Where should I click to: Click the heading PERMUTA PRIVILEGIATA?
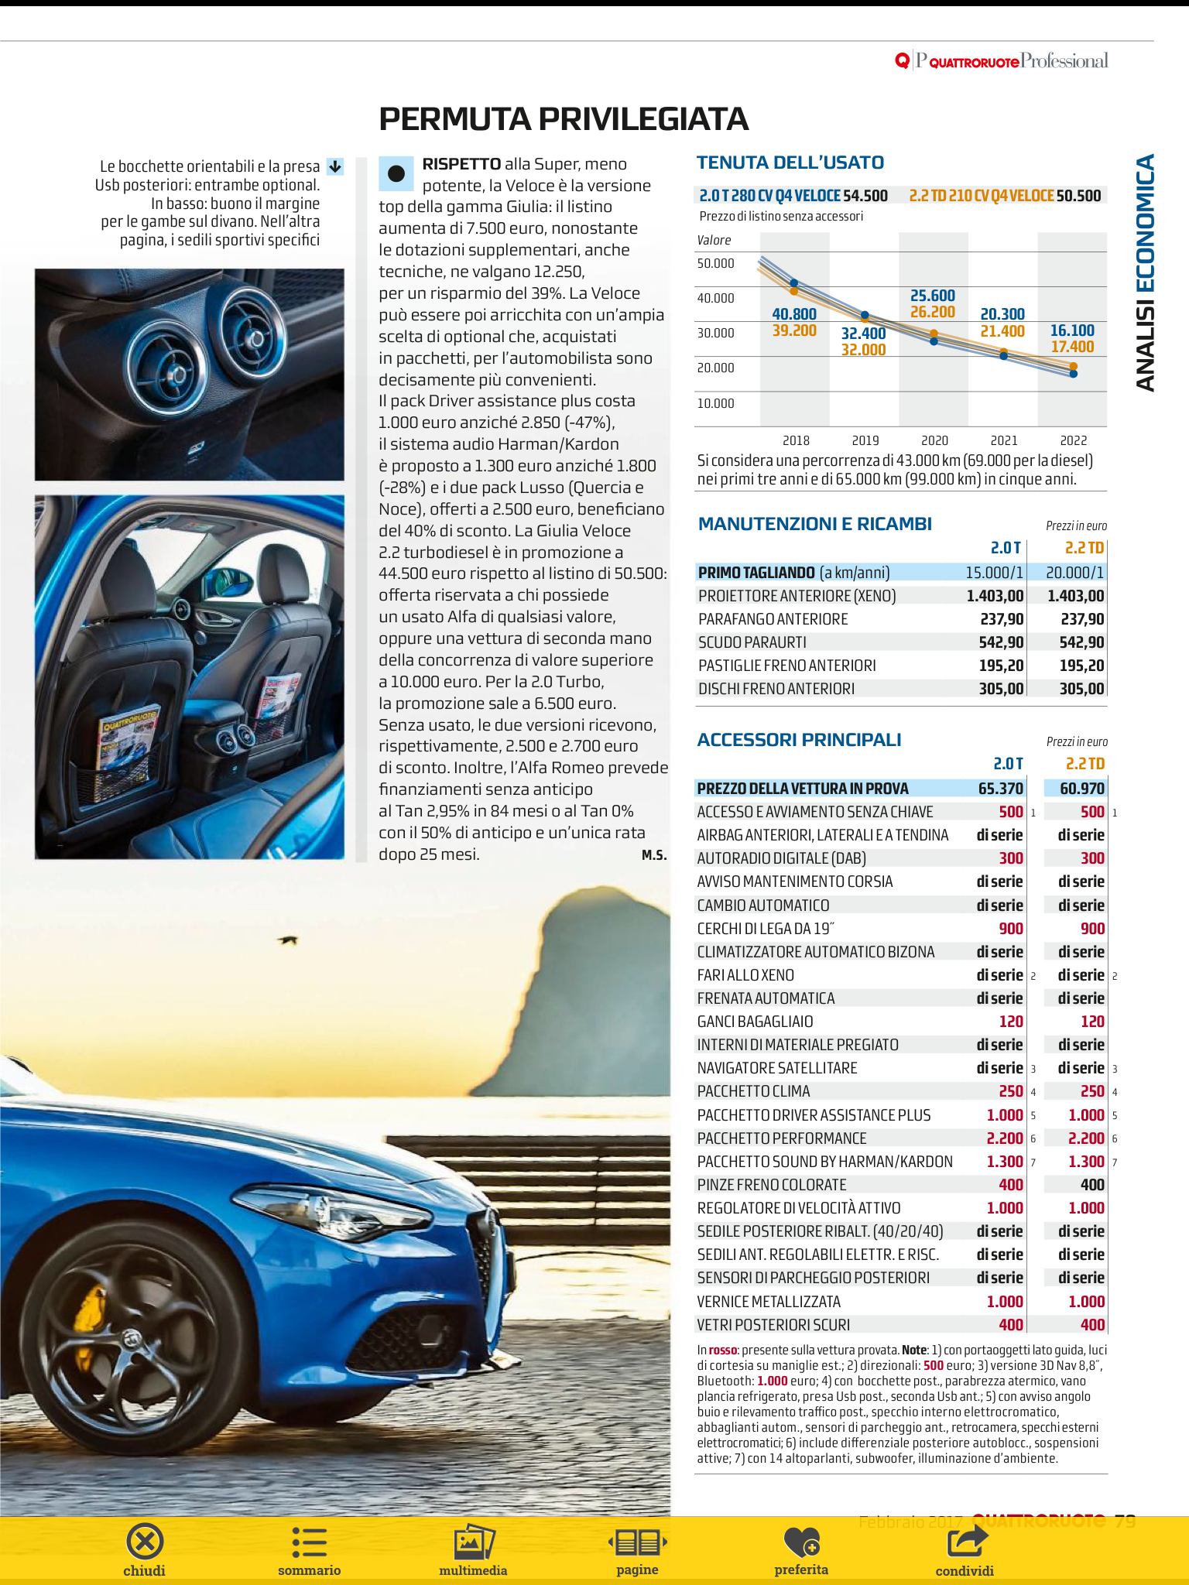click(564, 119)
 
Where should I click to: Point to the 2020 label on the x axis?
click(934, 440)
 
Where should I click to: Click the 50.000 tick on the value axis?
click(715, 264)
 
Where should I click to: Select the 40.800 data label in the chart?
click(794, 314)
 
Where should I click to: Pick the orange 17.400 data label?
click(1072, 347)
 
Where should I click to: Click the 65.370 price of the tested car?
click(1000, 789)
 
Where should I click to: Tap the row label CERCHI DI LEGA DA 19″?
click(766, 929)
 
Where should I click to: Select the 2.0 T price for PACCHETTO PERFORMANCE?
click(1005, 1138)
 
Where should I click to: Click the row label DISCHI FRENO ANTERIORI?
click(776, 689)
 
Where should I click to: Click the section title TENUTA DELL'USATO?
click(790, 163)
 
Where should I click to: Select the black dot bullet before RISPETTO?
click(396, 174)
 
